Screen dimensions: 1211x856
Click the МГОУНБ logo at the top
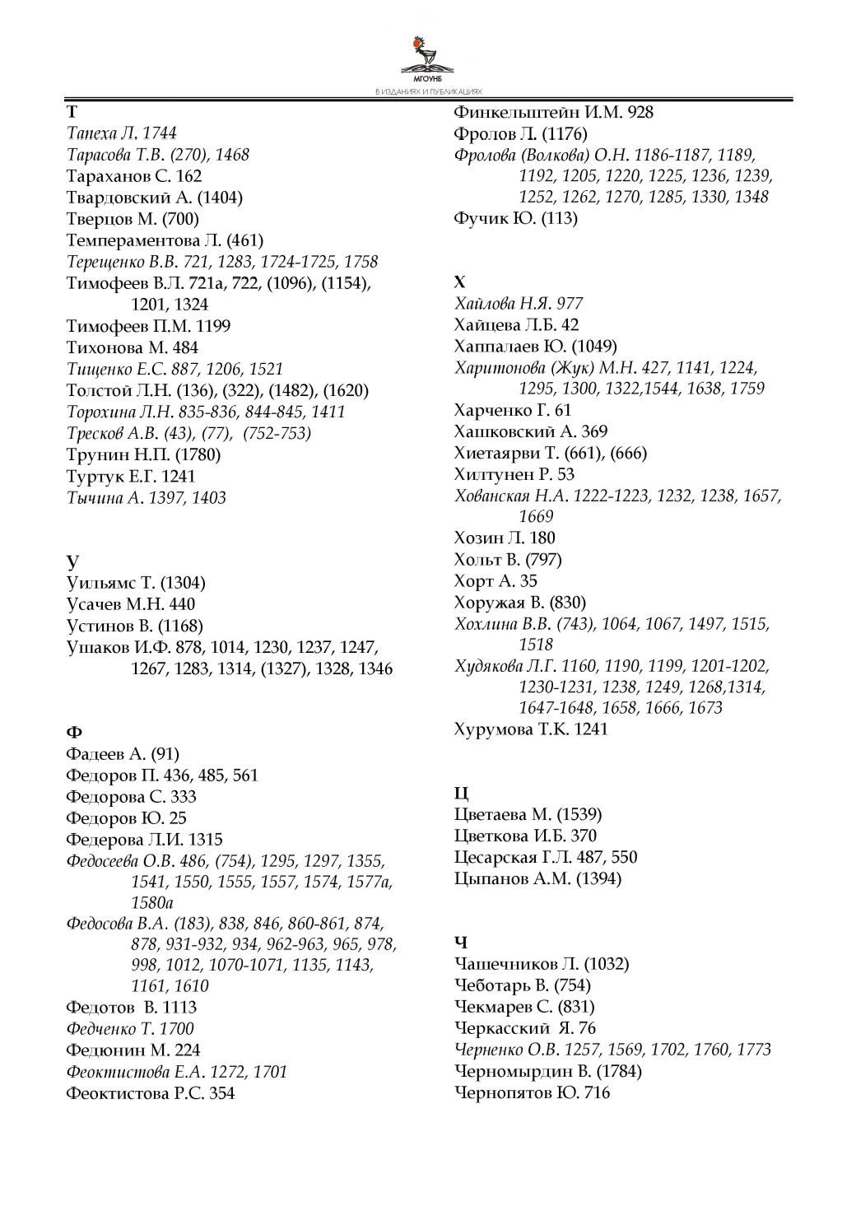(x=427, y=58)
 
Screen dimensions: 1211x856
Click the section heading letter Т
(x=72, y=111)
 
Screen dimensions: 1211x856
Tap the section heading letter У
(x=72, y=561)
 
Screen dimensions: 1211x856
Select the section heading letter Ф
(x=73, y=733)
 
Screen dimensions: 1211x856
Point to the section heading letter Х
(x=460, y=282)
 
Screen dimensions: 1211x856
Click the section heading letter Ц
(x=461, y=793)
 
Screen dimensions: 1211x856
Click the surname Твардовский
(x=118, y=198)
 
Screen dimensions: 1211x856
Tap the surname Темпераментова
(x=132, y=240)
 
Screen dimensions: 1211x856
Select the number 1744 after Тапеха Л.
(x=160, y=133)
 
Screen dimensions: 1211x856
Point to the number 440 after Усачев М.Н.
(x=182, y=604)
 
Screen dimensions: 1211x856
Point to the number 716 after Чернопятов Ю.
(x=597, y=1093)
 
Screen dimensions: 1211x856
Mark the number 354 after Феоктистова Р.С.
(x=221, y=1093)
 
